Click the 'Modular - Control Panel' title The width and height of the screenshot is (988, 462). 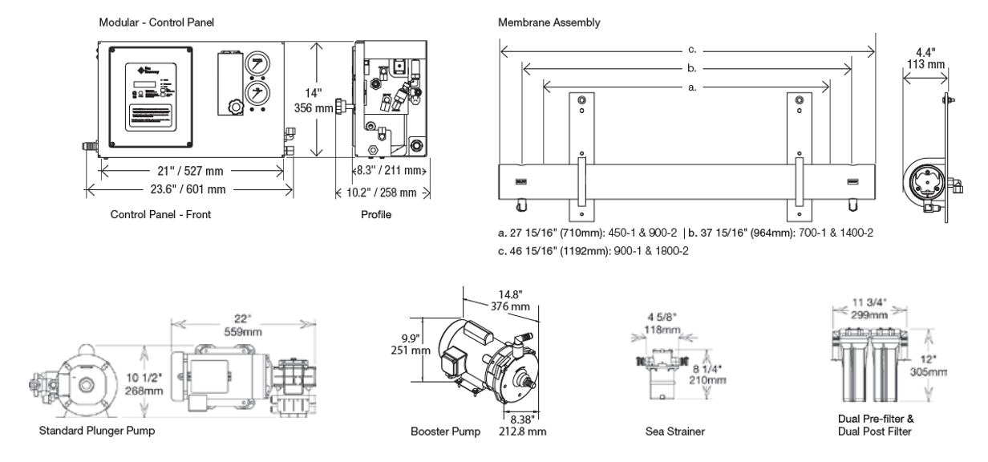click(156, 22)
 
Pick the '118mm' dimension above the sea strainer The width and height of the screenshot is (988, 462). click(662, 330)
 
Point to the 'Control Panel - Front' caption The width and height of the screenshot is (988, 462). click(160, 215)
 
